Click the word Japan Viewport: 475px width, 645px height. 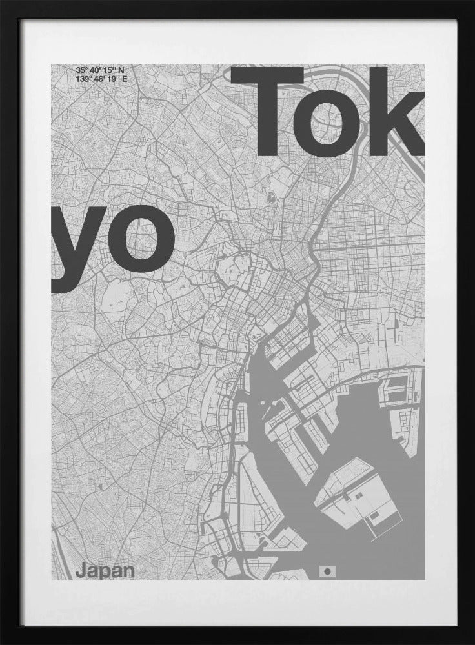pos(105,571)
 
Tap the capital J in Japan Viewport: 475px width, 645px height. pos(79,571)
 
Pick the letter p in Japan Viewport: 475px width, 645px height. pos(104,573)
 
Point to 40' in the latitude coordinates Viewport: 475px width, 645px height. pos(96,70)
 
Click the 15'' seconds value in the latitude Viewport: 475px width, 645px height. pos(110,70)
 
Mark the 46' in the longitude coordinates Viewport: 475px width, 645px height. pos(100,79)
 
